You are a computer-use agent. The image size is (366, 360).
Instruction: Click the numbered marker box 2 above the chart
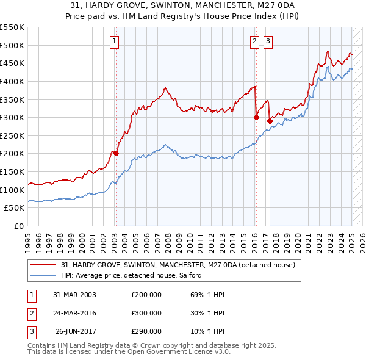click(254, 41)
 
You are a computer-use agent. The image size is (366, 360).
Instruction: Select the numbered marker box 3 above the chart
click(268, 41)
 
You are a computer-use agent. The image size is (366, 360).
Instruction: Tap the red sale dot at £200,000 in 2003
click(116, 153)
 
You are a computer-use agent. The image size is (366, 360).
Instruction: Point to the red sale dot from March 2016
click(256, 117)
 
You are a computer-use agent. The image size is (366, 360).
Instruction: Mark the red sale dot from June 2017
click(269, 121)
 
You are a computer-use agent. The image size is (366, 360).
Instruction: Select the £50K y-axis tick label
click(15, 207)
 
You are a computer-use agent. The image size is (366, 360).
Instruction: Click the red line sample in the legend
click(44, 265)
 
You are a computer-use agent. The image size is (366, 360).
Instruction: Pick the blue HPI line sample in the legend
click(44, 275)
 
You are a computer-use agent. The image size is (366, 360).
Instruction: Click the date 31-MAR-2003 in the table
click(75, 295)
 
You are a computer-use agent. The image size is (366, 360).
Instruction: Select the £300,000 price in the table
click(146, 313)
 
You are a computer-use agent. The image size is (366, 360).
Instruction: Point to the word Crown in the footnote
click(139, 345)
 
